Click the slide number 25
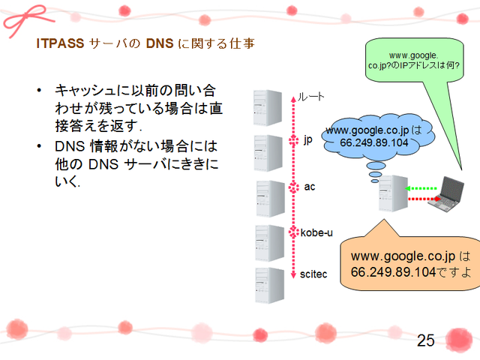tap(425, 340)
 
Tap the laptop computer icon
tap(455, 194)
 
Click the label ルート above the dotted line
tap(312, 96)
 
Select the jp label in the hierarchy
tap(307, 140)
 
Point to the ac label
tap(307, 186)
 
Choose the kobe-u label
tap(316, 232)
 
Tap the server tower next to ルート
tap(267, 108)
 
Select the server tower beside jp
tap(268, 153)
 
